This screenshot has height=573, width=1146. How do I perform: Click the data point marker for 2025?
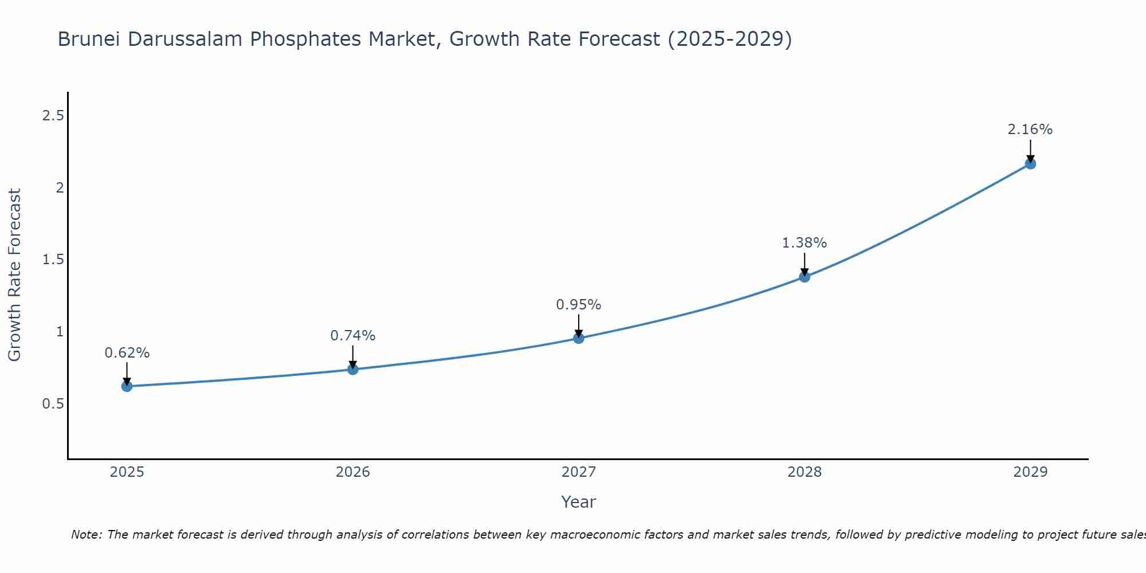point(127,386)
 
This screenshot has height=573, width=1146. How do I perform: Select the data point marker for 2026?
point(353,369)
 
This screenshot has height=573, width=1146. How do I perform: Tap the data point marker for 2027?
point(579,338)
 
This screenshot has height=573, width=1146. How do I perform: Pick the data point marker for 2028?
point(804,277)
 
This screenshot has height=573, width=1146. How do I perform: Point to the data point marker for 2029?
point(1030,164)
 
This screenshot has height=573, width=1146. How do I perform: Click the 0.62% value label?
point(127,353)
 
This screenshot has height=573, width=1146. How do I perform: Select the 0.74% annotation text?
point(353,336)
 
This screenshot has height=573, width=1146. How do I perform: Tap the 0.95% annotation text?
point(579,305)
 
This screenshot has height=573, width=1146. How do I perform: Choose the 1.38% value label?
point(804,243)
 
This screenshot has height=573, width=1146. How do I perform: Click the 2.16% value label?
point(1030,129)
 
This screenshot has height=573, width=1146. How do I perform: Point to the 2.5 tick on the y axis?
point(53,116)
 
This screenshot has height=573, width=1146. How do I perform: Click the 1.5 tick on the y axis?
point(53,260)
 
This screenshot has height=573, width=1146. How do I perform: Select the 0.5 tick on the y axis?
point(53,404)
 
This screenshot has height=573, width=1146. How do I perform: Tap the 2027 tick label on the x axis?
point(579,472)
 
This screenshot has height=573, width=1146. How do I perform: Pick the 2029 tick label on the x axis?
point(1030,472)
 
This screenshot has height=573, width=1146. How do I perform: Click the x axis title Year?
point(579,502)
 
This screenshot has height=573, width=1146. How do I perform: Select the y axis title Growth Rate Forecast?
point(15,275)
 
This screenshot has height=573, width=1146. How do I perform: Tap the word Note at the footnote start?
point(86,535)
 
